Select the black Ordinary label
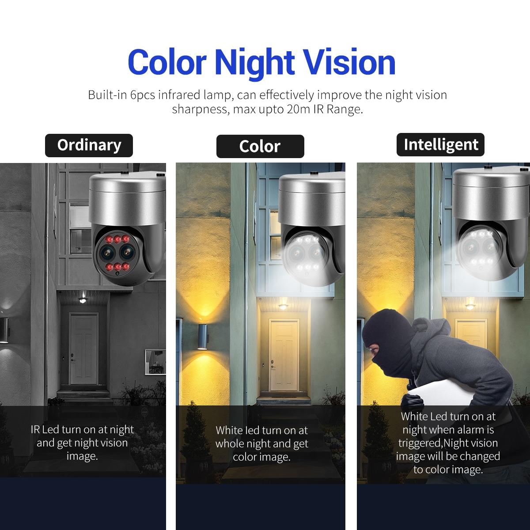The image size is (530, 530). tap(89, 145)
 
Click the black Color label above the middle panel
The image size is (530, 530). tap(260, 146)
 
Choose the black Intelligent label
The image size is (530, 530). tap(441, 144)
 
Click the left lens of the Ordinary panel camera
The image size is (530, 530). tap(107, 253)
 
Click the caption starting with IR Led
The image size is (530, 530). tap(82, 442)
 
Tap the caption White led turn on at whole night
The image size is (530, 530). tap(261, 443)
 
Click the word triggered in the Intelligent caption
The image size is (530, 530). tap(420, 443)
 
